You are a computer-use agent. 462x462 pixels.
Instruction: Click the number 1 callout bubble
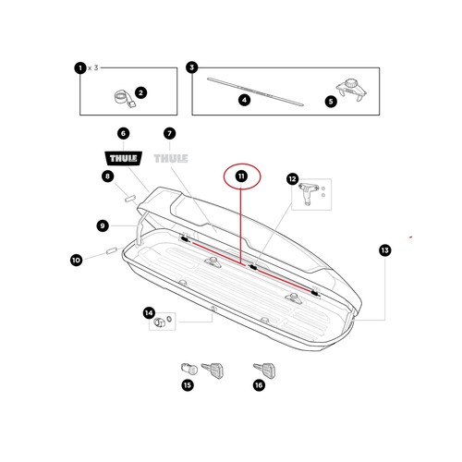pos(80,67)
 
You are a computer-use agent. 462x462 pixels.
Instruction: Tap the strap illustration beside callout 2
pos(125,99)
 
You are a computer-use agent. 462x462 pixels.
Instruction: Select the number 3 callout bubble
pos(192,67)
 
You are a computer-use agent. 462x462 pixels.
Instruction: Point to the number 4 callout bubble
pos(244,100)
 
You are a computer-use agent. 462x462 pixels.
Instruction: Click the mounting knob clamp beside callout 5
pos(351,90)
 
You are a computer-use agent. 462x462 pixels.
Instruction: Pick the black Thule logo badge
pos(124,158)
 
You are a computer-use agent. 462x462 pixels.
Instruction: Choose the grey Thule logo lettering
pos(171,159)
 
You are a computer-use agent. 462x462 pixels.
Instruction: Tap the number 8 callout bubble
pos(107,176)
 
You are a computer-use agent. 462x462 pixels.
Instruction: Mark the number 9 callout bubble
pos(103,225)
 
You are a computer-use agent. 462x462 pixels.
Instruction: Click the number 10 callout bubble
pos(76,260)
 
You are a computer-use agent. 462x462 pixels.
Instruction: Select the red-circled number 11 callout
pos(242,176)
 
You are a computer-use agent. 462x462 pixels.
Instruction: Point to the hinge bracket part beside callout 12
pos(308,193)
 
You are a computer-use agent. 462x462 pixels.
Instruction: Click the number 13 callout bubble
pos(385,250)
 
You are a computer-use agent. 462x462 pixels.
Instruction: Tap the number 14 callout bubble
pos(149,313)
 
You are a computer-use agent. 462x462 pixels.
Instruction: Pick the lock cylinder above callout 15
pos(188,369)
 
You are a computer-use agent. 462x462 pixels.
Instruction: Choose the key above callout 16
pos(264,371)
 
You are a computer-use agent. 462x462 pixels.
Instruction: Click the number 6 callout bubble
pos(123,133)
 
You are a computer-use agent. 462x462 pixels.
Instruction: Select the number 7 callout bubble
pos(169,133)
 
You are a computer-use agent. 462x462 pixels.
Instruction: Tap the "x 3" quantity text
pos(93,67)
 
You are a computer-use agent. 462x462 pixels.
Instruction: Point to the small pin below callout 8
pos(129,199)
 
